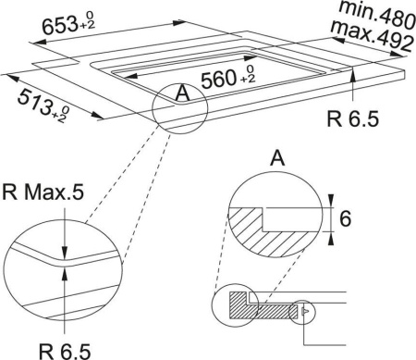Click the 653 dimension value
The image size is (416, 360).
(x=59, y=25)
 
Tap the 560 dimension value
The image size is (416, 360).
(x=218, y=79)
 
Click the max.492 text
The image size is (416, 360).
(x=372, y=36)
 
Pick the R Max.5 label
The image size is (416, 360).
(x=43, y=192)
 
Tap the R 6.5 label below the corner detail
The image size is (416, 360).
(x=65, y=351)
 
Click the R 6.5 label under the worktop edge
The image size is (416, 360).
(x=352, y=118)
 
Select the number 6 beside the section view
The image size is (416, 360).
(x=345, y=218)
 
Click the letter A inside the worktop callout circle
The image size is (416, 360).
(x=182, y=93)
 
